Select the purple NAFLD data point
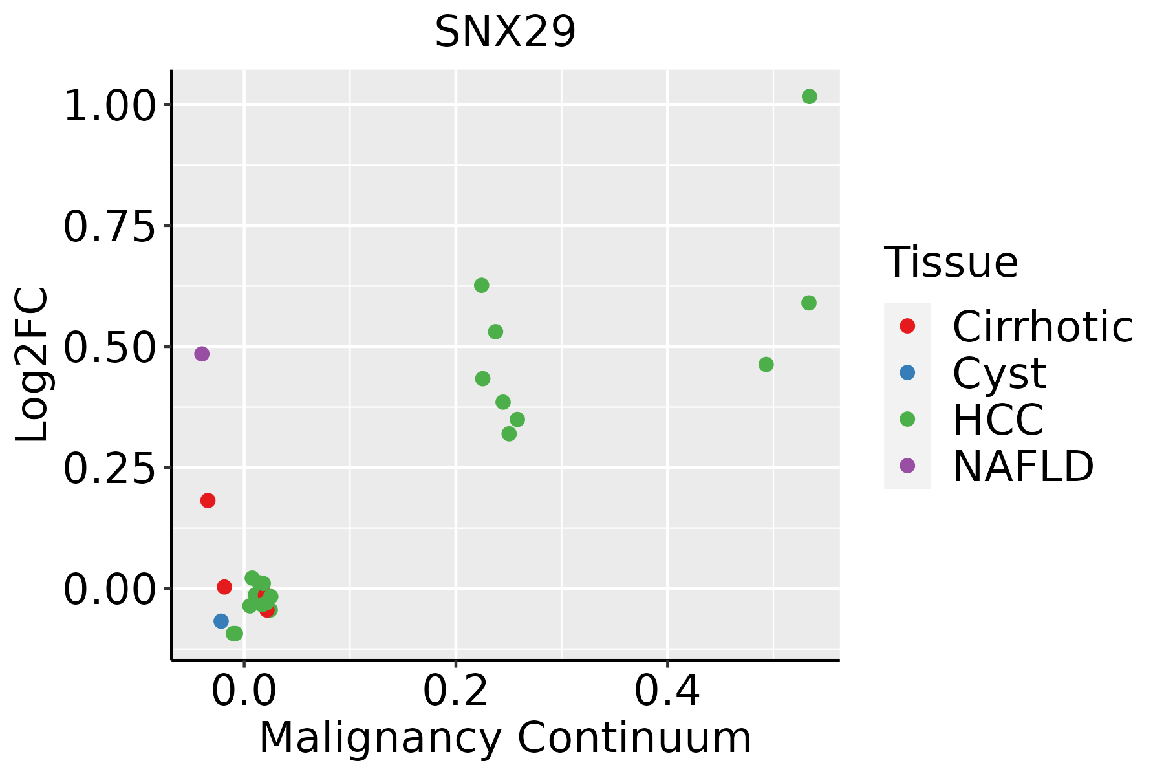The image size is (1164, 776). pyautogui.click(x=202, y=354)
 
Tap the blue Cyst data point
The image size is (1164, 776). pyautogui.click(x=221, y=621)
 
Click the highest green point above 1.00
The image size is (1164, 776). pyautogui.click(x=809, y=96)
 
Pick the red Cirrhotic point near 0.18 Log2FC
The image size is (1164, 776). pyautogui.click(x=208, y=501)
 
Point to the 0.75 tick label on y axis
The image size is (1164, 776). pyautogui.click(x=110, y=226)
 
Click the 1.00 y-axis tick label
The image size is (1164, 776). pyautogui.click(x=110, y=105)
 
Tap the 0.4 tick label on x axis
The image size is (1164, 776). pyautogui.click(x=667, y=691)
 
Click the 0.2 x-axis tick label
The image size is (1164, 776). pyautogui.click(x=455, y=691)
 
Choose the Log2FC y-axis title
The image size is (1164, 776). pyautogui.click(x=32, y=365)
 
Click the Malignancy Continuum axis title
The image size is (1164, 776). pyautogui.click(x=505, y=738)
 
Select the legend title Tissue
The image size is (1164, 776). pyautogui.click(x=951, y=262)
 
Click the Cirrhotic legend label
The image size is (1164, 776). pyautogui.click(x=1042, y=327)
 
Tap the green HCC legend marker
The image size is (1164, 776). pyautogui.click(x=907, y=419)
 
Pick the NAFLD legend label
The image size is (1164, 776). pyautogui.click(x=1023, y=466)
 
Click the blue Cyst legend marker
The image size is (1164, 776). pyautogui.click(x=907, y=372)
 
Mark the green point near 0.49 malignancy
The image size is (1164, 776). pyautogui.click(x=766, y=365)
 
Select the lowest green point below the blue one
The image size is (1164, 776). pyautogui.click(x=234, y=633)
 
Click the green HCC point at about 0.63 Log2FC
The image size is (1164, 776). pyautogui.click(x=481, y=285)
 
